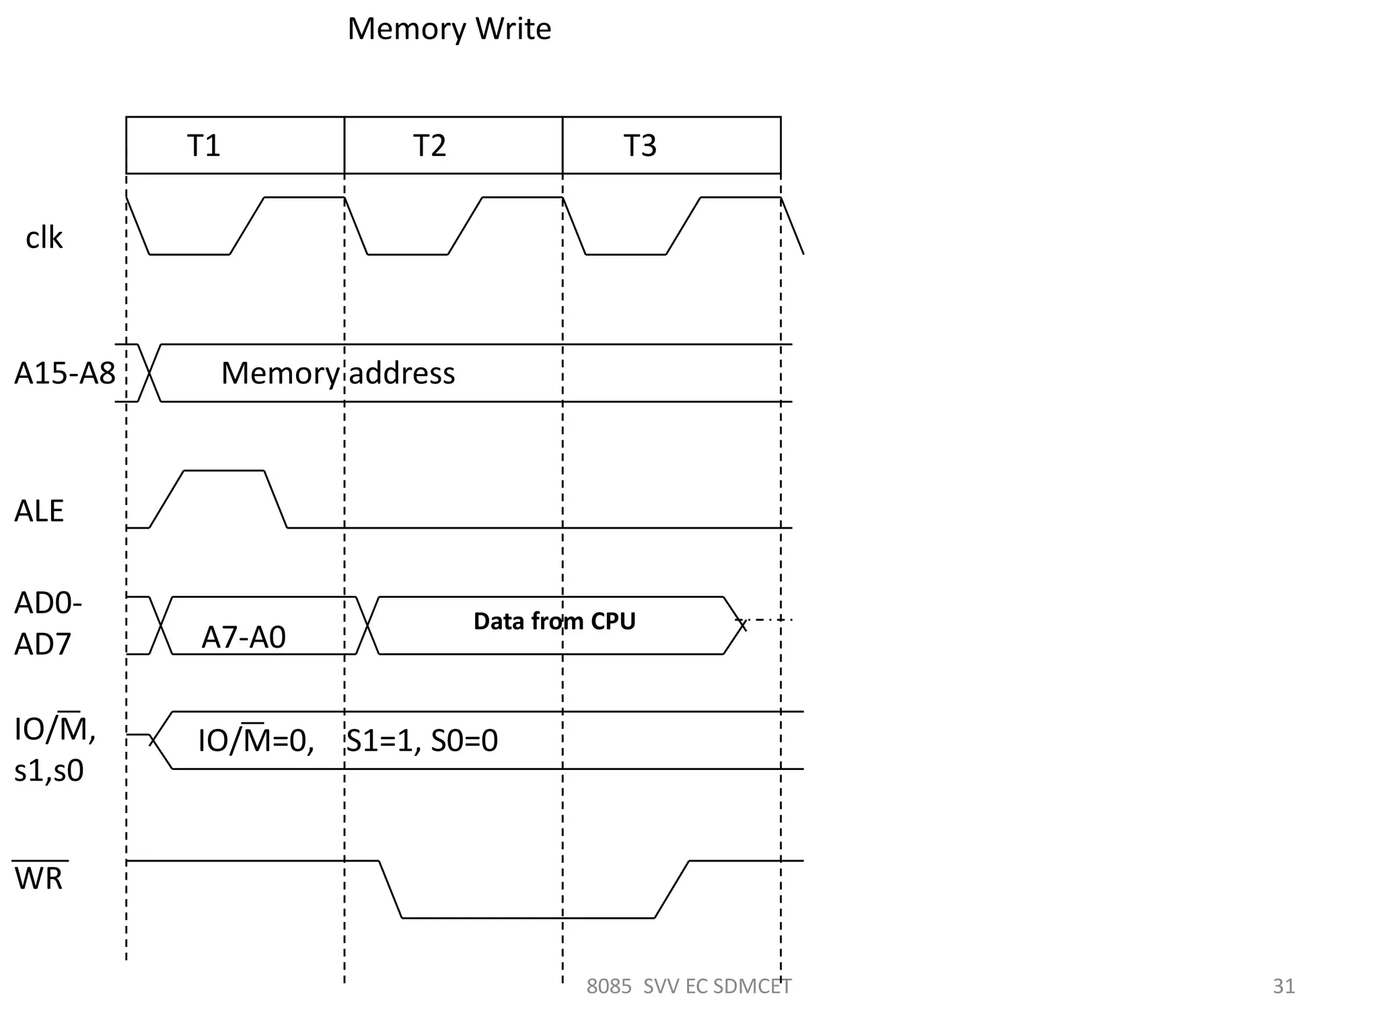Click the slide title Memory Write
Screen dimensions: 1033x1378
[x=449, y=29]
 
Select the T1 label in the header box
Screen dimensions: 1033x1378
[x=203, y=145]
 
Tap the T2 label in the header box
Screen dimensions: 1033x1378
[x=429, y=145]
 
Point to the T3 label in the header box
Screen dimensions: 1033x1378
[x=639, y=145]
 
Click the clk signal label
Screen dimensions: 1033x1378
[x=44, y=238]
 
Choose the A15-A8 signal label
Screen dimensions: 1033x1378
[x=65, y=373]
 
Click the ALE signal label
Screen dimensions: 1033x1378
[x=39, y=511]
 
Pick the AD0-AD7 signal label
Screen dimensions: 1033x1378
[x=47, y=623]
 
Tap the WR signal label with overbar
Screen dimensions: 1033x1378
[x=39, y=878]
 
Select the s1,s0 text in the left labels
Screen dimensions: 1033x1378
[x=48, y=771]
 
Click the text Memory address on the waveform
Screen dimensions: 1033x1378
[x=338, y=373]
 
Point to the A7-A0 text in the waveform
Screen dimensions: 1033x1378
[x=244, y=637]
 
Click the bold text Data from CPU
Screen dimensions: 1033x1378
[x=554, y=621]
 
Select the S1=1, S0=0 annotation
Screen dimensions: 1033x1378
[x=422, y=740]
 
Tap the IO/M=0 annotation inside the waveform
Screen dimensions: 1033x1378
[x=256, y=740]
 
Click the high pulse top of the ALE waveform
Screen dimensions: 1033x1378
[x=223, y=471]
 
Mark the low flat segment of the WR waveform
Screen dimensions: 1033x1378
[x=528, y=917]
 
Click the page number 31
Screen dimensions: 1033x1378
[x=1284, y=986]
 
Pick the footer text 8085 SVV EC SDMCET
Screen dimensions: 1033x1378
[x=688, y=987]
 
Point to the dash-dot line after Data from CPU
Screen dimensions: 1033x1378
[x=770, y=619]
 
